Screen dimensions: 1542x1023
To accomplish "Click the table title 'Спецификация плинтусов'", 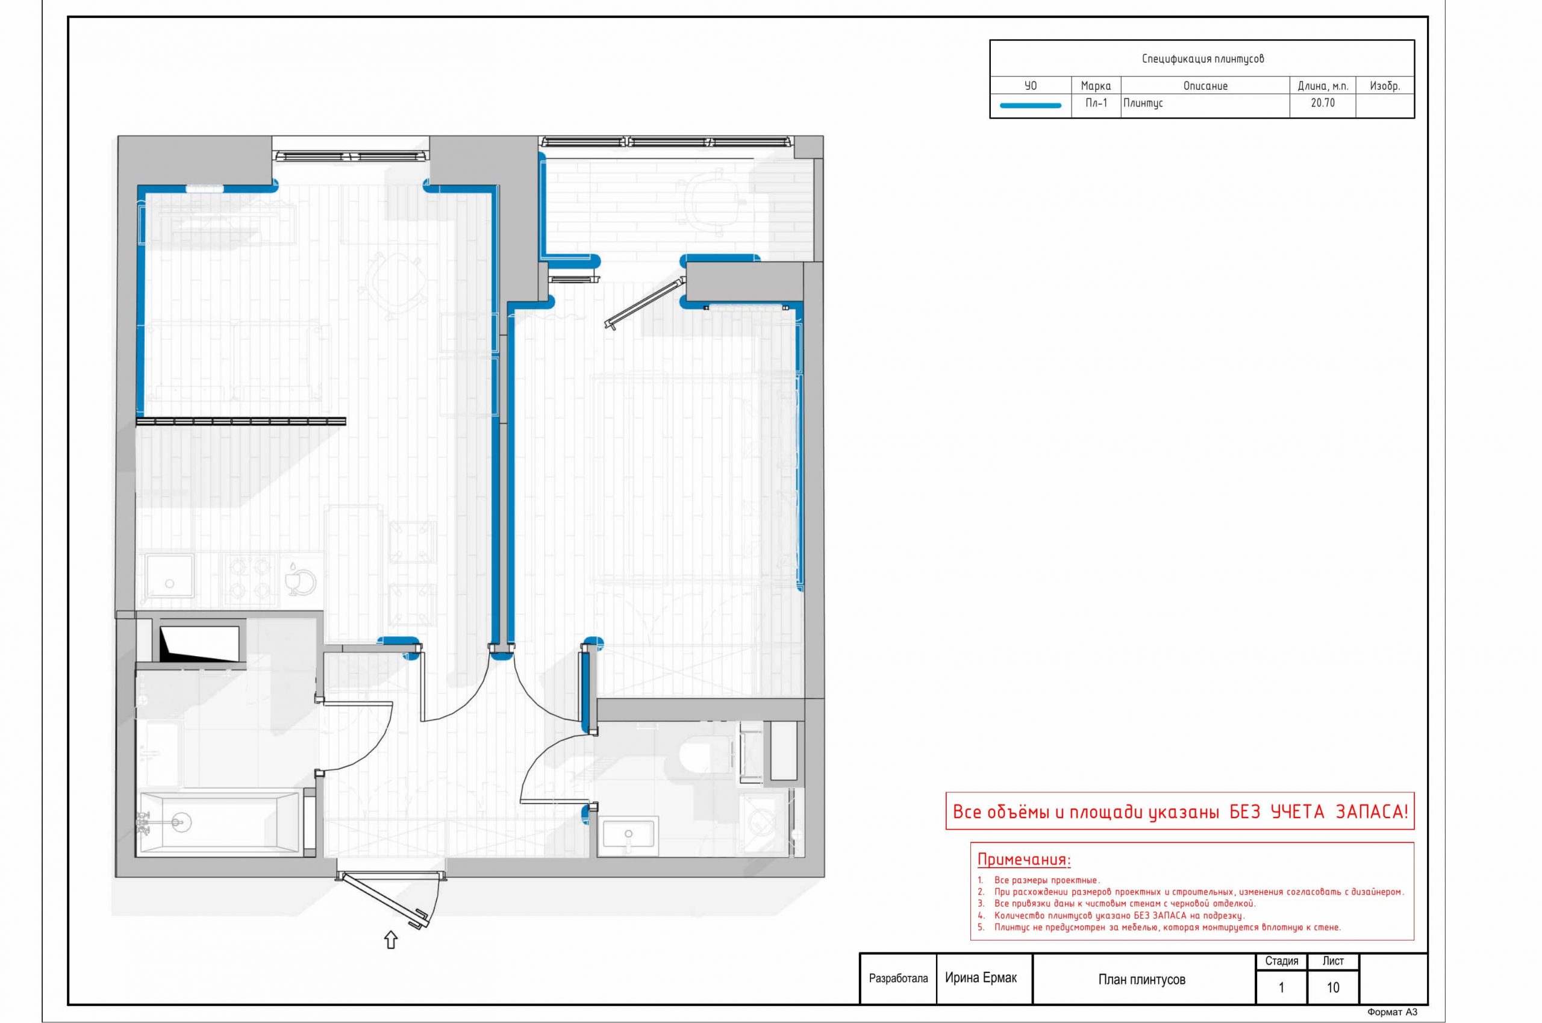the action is point(1202,58).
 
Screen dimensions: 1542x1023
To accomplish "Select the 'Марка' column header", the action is point(1096,86).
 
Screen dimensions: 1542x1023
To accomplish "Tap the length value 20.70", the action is point(1322,103).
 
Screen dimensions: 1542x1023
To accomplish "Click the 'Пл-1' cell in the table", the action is point(1096,103).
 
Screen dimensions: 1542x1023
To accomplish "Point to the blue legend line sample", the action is point(1031,105).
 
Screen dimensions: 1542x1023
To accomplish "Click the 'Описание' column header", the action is point(1205,86).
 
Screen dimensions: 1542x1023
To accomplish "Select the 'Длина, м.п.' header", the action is point(1323,86).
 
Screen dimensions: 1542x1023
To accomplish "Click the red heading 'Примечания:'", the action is point(1024,860).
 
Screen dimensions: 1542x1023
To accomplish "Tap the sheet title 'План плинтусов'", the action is point(1142,979).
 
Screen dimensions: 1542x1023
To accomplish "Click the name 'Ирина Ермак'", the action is point(981,978).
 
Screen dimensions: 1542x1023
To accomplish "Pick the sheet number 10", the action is point(1332,987).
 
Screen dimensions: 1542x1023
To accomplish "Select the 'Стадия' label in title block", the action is point(1282,961).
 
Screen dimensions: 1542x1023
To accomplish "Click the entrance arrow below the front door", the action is point(391,940).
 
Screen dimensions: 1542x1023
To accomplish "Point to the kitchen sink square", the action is point(170,576).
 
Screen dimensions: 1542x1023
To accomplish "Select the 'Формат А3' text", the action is point(1392,1013).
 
